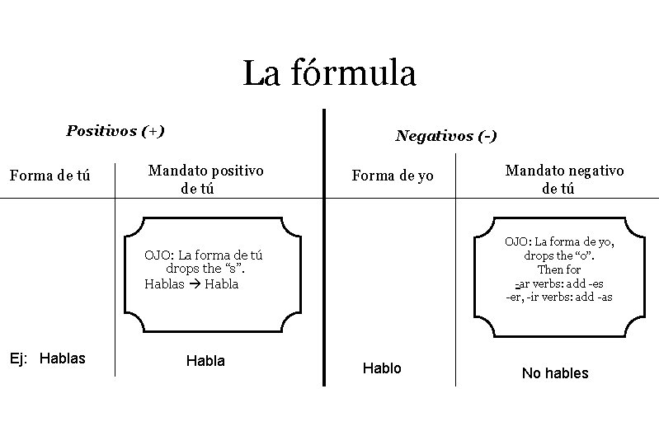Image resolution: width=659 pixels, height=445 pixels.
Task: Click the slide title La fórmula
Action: tap(329, 73)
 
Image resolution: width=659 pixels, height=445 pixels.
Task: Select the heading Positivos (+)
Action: tap(115, 130)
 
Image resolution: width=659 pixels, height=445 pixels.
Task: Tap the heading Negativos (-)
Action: tap(445, 135)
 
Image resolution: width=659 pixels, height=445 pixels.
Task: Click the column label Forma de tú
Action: tap(49, 175)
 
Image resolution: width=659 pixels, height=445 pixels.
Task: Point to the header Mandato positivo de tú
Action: tap(205, 179)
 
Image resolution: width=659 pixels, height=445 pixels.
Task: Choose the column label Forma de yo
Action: tap(392, 175)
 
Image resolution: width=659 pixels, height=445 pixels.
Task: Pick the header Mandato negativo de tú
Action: tap(564, 179)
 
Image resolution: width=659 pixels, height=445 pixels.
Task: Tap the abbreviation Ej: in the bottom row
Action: tap(19, 358)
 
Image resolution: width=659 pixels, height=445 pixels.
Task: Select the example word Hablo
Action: tap(382, 368)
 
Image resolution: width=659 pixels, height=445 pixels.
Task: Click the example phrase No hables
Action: tap(555, 373)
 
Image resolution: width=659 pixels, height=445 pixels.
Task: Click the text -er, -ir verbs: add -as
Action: tap(559, 297)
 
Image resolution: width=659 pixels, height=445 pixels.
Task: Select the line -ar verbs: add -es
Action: tap(559, 283)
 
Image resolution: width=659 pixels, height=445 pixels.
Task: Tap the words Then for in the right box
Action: tap(559, 269)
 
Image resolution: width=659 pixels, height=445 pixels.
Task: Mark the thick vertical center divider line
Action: tap(323, 247)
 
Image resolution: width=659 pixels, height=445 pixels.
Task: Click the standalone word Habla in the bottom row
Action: tap(205, 361)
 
